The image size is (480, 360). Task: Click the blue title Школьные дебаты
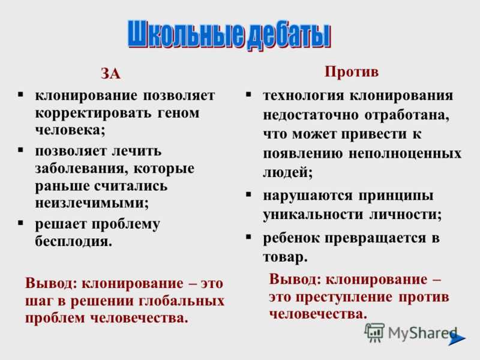pyautogui.click(x=229, y=35)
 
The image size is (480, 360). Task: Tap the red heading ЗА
pyautogui.click(x=110, y=74)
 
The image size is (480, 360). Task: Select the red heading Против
pyautogui.click(x=352, y=72)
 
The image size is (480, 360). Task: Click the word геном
pyautogui.click(x=178, y=113)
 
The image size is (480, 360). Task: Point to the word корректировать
pyautogui.click(x=93, y=113)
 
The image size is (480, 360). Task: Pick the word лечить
pyautogui.click(x=136, y=151)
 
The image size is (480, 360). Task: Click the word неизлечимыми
pyautogui.click(x=92, y=203)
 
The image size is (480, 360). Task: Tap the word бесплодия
pyautogui.click(x=73, y=242)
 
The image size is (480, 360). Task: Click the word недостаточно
pyautogui.click(x=311, y=115)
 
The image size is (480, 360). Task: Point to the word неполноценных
pyautogui.click(x=405, y=154)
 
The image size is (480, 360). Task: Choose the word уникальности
pyautogui.click(x=313, y=214)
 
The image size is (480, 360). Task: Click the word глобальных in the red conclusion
pyautogui.click(x=182, y=301)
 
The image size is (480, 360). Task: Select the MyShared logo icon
pyautogui.click(x=374, y=332)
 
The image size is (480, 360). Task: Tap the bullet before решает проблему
pyautogui.click(x=20, y=223)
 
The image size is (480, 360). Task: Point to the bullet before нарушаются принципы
pyautogui.click(x=248, y=194)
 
